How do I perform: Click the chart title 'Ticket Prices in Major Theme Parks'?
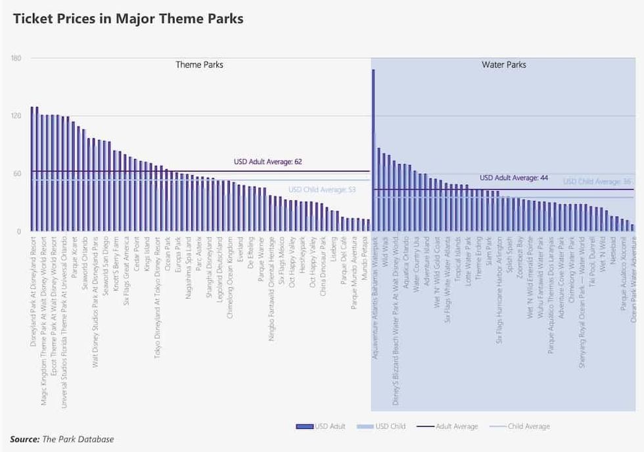[x=128, y=18]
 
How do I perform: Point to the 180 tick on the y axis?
[x=16, y=59]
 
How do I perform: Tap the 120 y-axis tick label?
[x=16, y=116]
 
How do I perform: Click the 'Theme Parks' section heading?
[x=199, y=65]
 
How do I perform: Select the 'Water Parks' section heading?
[x=503, y=65]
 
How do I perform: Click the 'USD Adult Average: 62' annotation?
[x=267, y=162]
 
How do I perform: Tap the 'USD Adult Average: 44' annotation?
[x=513, y=178]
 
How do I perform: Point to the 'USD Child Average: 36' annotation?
[x=597, y=182]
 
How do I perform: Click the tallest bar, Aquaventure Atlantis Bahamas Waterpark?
[x=373, y=151]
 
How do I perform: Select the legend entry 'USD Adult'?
[x=321, y=427]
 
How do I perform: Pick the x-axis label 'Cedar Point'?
[x=136, y=256]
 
